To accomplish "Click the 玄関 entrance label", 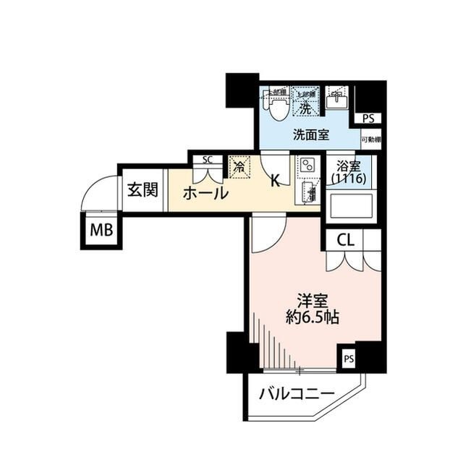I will pyautogui.click(x=142, y=190).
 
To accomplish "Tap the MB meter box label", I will pyautogui.click(x=101, y=231).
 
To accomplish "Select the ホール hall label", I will pyautogui.click(x=205, y=193).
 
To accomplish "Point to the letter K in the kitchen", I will pyautogui.click(x=275, y=181).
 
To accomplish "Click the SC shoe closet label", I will pyautogui.click(x=207, y=160).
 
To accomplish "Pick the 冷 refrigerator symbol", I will pyautogui.click(x=239, y=166).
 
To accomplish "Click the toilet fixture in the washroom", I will pyautogui.click(x=276, y=106).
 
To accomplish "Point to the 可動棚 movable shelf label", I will pyautogui.click(x=371, y=140).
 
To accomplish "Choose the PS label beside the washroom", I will pyautogui.click(x=369, y=119).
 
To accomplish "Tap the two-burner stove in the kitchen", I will pyautogui.click(x=307, y=166).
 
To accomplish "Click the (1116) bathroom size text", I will pyautogui.click(x=349, y=178).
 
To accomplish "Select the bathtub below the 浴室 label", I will pyautogui.click(x=351, y=206).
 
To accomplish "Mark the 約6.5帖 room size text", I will pyautogui.click(x=313, y=317).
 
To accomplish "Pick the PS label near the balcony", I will pyautogui.click(x=349, y=358).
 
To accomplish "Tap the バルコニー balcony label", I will pyautogui.click(x=297, y=394).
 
